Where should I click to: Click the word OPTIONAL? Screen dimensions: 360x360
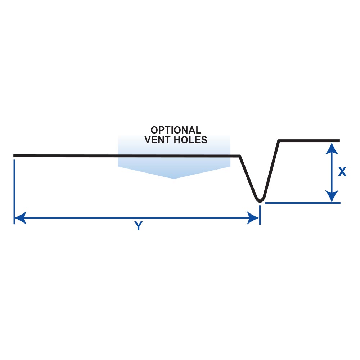click(176, 130)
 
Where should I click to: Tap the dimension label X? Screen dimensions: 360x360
click(342, 172)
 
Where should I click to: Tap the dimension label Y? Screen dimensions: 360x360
click(138, 226)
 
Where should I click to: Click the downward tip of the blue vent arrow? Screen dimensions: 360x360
click(174, 178)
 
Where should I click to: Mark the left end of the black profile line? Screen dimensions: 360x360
click(14, 156)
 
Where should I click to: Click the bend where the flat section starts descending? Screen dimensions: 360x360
click(240, 156)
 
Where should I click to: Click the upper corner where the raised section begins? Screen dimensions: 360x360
click(279, 141)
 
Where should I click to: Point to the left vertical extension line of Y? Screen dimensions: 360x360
click(14, 191)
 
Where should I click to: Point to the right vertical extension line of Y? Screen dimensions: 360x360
click(260, 214)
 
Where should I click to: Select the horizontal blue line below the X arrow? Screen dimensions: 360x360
click(302, 203)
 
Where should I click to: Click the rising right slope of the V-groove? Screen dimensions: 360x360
click(272, 169)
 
